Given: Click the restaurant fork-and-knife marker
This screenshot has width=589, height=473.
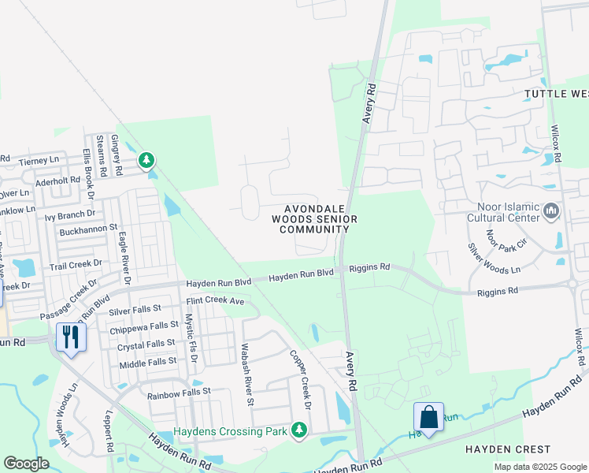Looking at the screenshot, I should [x=72, y=337].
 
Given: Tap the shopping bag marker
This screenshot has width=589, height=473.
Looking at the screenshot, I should [x=428, y=417].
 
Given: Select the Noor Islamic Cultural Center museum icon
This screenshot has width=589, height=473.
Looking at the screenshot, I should [x=550, y=210].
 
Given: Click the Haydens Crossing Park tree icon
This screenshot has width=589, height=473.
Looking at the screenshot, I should [x=298, y=430].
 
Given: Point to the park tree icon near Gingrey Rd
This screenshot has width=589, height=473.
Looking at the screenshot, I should [x=146, y=161].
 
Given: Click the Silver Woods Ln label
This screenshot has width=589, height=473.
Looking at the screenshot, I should [x=495, y=259].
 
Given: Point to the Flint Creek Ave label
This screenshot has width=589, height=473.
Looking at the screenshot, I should [x=215, y=301].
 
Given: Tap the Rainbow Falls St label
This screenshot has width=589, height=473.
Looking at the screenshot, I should [x=179, y=391].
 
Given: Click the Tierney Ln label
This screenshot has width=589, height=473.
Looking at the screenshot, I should [x=39, y=160].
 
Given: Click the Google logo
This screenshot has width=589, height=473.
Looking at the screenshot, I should [x=26, y=464].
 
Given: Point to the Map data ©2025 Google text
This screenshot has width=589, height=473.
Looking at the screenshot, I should [x=539, y=467].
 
